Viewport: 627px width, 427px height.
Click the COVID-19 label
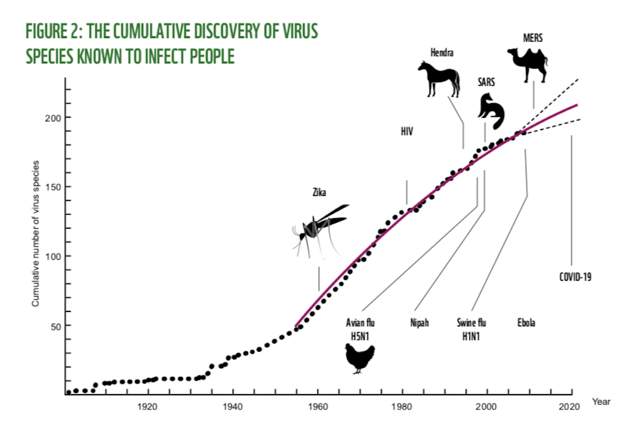(x=575, y=276)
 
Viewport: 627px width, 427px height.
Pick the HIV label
(x=407, y=132)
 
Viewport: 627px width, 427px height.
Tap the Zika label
(x=319, y=192)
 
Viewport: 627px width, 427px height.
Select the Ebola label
(x=526, y=323)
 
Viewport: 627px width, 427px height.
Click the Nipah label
(x=420, y=323)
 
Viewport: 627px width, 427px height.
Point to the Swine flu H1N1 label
(x=472, y=329)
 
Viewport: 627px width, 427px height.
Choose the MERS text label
(x=533, y=39)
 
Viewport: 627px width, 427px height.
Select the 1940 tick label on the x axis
(x=233, y=406)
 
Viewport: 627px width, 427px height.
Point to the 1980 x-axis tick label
(x=402, y=406)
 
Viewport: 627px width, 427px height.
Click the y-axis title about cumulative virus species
(x=36, y=233)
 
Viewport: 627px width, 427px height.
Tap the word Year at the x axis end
(x=601, y=402)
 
